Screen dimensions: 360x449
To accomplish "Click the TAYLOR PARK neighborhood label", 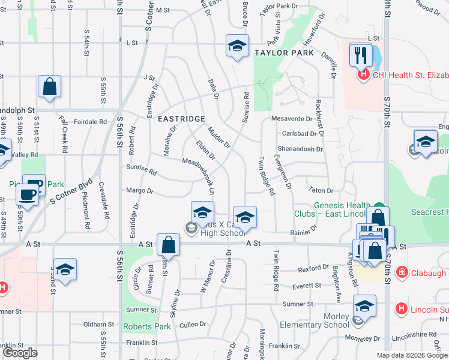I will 284,53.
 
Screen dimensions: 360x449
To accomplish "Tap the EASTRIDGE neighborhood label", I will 181,119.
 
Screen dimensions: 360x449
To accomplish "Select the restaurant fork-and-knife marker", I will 360,55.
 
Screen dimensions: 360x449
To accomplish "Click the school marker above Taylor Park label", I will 237,46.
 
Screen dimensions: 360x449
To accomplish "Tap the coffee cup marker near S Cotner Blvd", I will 27,194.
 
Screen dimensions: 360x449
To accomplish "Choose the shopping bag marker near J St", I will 49,86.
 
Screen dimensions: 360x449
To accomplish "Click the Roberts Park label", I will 146,327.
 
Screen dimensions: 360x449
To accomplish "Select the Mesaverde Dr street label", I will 293,118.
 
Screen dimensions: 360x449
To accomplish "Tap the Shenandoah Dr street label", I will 300,149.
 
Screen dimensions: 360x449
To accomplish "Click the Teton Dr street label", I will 321,190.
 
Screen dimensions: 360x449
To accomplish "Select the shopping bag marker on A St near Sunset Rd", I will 168,245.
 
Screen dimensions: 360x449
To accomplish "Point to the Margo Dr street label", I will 140,191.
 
